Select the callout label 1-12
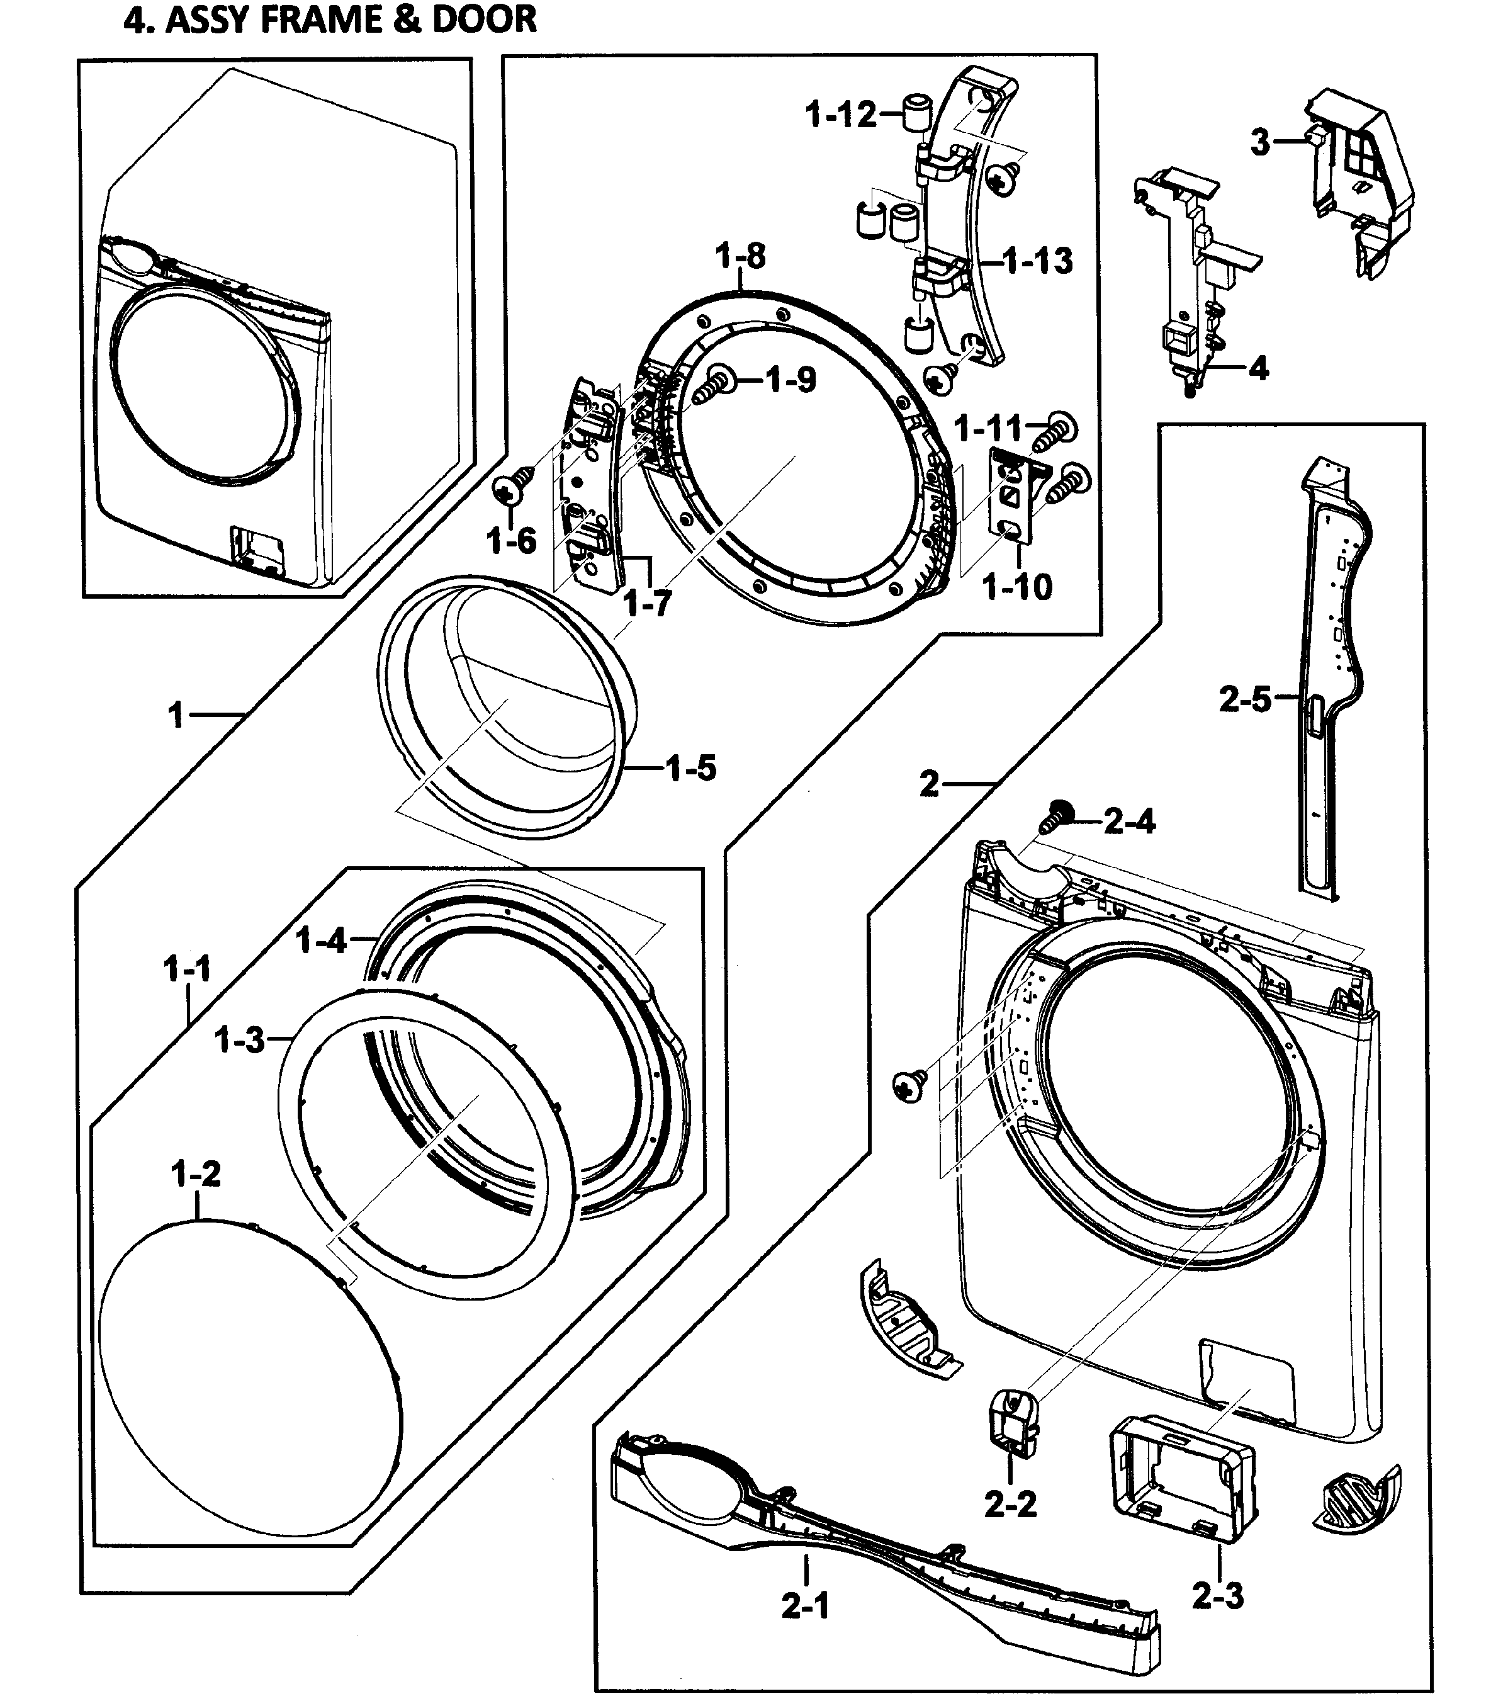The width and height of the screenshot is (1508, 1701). tap(841, 115)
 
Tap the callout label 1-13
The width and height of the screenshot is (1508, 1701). tap(1038, 261)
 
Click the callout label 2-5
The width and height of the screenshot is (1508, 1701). tap(1245, 699)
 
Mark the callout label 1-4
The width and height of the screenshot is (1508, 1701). tap(321, 941)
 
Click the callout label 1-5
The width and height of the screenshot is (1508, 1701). tap(690, 768)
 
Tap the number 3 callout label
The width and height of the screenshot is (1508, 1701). tap(1261, 143)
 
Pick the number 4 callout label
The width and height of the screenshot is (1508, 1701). tap(1259, 368)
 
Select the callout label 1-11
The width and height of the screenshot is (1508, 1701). tap(988, 429)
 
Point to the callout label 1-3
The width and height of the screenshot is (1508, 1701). tap(240, 1039)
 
